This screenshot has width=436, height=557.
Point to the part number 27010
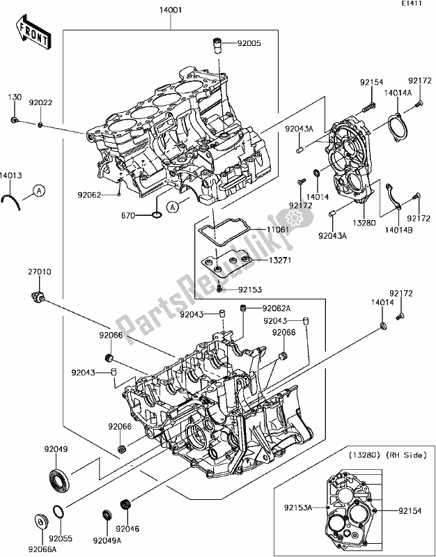[x=40, y=272]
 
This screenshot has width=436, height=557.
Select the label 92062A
[x=277, y=308]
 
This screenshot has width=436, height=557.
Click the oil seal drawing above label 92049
[x=59, y=480]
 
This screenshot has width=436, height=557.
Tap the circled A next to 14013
[x=39, y=189]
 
